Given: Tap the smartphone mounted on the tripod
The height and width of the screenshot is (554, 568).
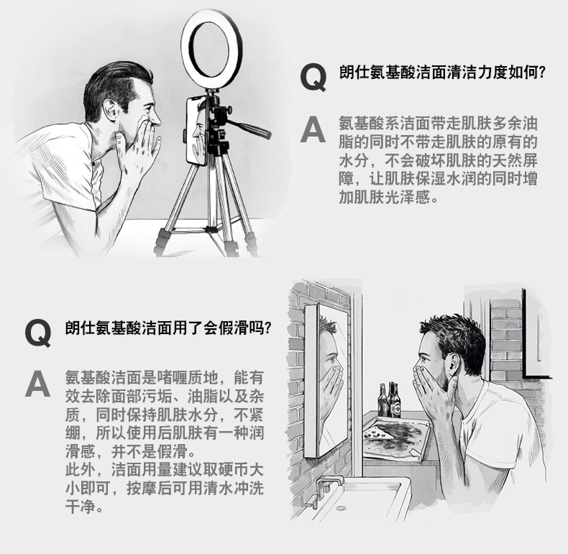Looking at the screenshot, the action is point(197,131).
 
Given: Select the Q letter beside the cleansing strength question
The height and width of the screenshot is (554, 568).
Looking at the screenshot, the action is point(313,77).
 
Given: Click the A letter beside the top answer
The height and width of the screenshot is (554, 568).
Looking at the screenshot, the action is point(313,129).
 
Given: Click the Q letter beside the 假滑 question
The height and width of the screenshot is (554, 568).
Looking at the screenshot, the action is point(38,333).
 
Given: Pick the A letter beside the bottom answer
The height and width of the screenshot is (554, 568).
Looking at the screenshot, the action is point(37,384).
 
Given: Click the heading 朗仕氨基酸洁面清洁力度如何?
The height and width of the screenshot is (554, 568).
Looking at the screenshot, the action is point(442,73).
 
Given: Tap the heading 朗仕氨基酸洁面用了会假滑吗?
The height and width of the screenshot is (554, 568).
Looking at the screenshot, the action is point(168,328).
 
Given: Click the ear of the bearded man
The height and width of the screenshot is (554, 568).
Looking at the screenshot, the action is point(453,364).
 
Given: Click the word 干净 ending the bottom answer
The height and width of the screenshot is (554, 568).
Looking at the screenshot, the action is point(81,506).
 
